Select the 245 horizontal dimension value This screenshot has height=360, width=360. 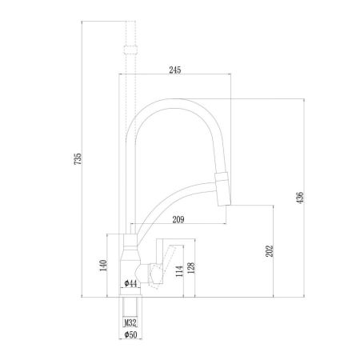[x=175, y=70]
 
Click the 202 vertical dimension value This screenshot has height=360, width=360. [x=269, y=250]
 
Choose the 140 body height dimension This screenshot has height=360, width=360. [x=103, y=266]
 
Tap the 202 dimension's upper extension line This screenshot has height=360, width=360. [x=252, y=203]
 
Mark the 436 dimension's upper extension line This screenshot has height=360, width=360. [x=264, y=99]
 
